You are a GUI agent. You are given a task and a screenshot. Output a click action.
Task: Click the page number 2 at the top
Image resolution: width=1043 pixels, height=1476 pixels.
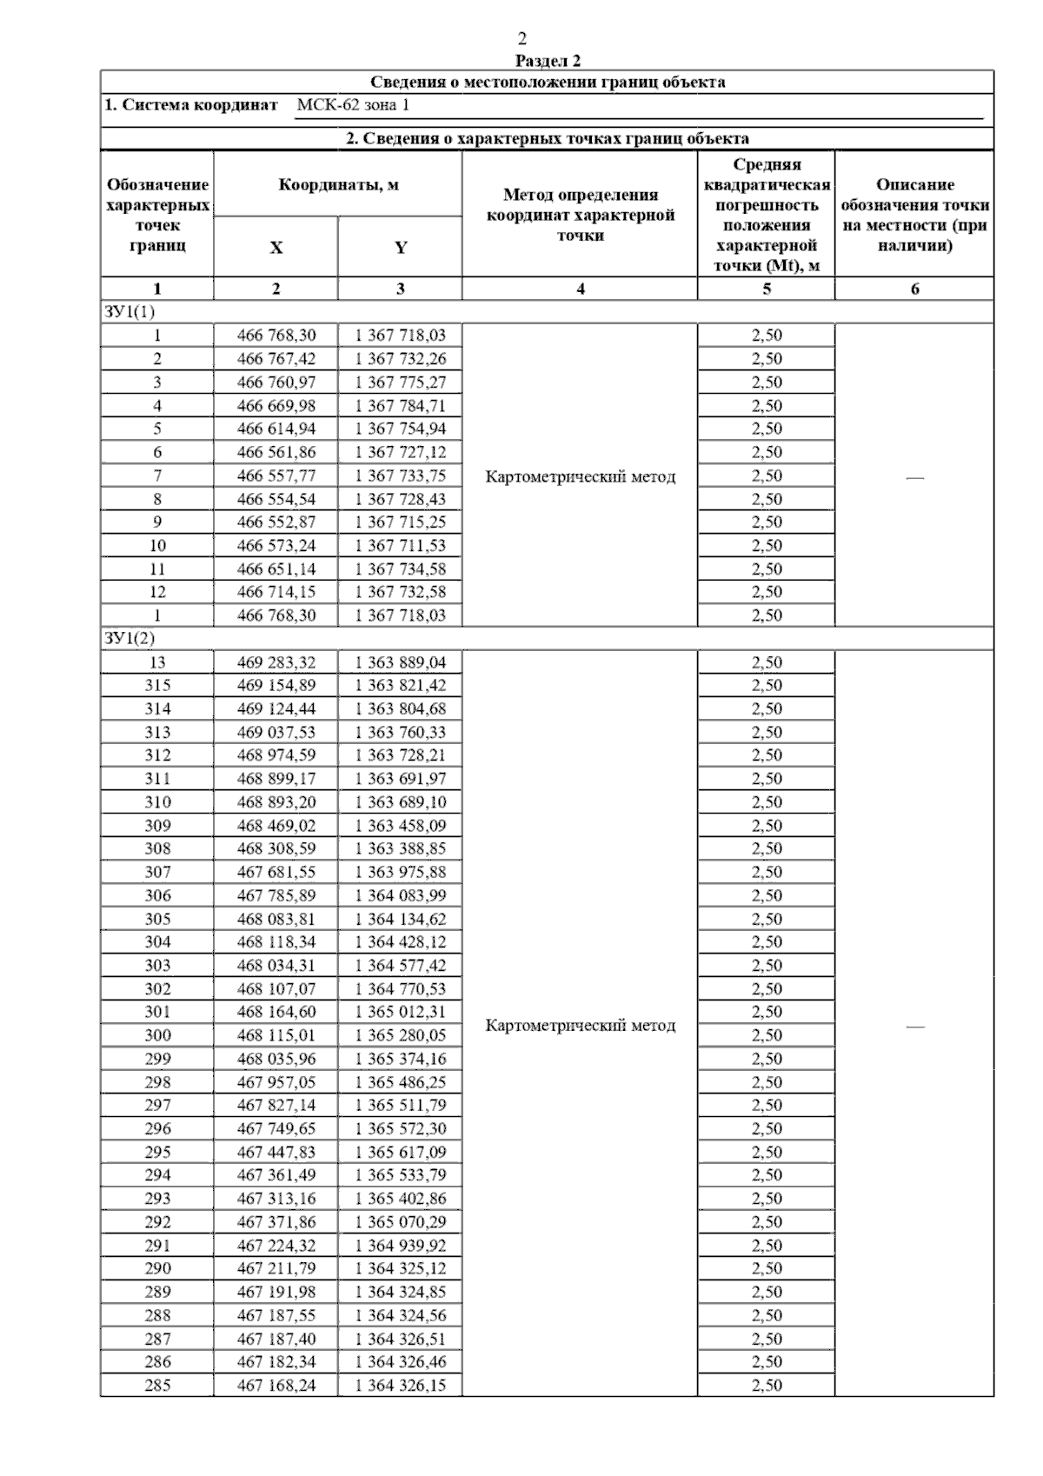pyautogui.click(x=521, y=39)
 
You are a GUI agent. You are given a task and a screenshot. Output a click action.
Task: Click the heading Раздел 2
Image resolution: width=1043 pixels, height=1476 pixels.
pyautogui.click(x=548, y=61)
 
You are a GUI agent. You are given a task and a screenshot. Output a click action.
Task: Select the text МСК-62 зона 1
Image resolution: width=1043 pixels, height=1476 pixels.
pyautogui.click(x=353, y=105)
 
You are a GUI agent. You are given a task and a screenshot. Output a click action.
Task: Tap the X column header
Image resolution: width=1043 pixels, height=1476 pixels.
pyautogui.click(x=276, y=248)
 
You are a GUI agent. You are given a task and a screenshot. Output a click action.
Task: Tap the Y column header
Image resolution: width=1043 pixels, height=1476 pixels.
pyautogui.click(x=400, y=248)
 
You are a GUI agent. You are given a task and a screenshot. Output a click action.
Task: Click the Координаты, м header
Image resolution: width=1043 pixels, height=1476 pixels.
pyautogui.click(x=338, y=185)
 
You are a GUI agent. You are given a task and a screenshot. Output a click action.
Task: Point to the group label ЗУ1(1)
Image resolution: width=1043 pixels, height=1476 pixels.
pyautogui.click(x=130, y=312)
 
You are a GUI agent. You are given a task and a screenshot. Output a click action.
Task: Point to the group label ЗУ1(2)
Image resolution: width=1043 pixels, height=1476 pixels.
pyautogui.click(x=130, y=639)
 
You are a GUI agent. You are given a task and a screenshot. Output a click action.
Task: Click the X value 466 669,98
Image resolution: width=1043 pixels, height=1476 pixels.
pyautogui.click(x=276, y=406)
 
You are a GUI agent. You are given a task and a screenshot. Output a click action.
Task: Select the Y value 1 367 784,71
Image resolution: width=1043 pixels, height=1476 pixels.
pyautogui.click(x=400, y=406)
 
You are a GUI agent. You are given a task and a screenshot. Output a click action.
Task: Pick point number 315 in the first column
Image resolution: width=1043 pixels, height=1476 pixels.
pyautogui.click(x=157, y=686)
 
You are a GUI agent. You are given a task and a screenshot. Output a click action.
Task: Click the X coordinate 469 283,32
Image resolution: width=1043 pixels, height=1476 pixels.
pyautogui.click(x=276, y=662)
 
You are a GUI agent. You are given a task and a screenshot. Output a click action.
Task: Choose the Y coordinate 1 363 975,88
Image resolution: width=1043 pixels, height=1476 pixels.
pyautogui.click(x=400, y=872)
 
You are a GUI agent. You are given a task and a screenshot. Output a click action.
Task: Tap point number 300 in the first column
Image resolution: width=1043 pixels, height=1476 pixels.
pyautogui.click(x=157, y=1035)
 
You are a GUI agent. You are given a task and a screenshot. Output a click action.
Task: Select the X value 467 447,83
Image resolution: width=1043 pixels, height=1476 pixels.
pyautogui.click(x=276, y=1152)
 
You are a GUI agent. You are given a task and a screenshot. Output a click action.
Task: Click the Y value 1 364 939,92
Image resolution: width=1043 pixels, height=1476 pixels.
pyautogui.click(x=400, y=1245)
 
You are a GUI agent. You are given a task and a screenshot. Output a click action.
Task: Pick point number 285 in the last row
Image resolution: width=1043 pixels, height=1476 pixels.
pyautogui.click(x=157, y=1386)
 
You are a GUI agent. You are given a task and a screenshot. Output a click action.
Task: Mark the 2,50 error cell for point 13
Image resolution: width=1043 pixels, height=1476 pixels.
pyautogui.click(x=767, y=662)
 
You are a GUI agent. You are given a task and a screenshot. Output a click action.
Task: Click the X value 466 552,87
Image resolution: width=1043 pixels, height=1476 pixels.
pyautogui.click(x=276, y=522)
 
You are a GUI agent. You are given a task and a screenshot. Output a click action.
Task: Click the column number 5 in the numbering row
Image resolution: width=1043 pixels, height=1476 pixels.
pyautogui.click(x=767, y=289)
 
